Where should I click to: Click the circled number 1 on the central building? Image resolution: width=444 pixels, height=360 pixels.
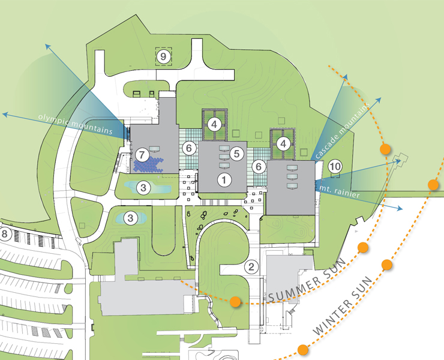(x=224, y=180)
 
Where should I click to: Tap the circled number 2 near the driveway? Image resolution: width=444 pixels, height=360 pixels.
(x=251, y=267)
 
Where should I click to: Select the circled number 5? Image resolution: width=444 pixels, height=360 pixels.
(x=237, y=154)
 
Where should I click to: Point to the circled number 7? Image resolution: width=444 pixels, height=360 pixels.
(x=142, y=155)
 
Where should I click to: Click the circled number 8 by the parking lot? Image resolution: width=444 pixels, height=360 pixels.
(x=4, y=234)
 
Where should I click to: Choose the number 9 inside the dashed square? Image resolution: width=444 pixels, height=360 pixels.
(x=163, y=56)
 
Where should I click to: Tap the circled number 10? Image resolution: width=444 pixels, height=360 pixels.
(x=335, y=166)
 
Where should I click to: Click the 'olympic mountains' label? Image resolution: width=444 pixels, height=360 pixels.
(x=76, y=124)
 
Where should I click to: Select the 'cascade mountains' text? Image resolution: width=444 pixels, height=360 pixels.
(x=343, y=130)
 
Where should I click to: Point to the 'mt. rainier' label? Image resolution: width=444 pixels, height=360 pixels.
(x=339, y=192)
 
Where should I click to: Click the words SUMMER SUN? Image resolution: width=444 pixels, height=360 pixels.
(x=308, y=280)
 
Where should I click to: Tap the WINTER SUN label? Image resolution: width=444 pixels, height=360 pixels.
(x=343, y=305)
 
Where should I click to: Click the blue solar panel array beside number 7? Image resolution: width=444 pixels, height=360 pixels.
(x=149, y=164)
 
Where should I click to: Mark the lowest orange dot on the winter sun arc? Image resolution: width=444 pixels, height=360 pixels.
(x=303, y=350)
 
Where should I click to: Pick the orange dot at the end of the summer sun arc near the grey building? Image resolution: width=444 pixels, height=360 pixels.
(x=235, y=302)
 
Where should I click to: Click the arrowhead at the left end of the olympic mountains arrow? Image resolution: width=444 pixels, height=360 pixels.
(x=5, y=114)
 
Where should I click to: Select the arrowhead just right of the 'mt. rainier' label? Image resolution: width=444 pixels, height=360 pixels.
(x=400, y=208)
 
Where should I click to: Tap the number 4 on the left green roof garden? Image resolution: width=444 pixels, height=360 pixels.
(x=214, y=124)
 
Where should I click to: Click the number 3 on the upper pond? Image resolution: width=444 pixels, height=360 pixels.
(x=143, y=188)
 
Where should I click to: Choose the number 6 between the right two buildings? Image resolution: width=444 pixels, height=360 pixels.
(x=259, y=167)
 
